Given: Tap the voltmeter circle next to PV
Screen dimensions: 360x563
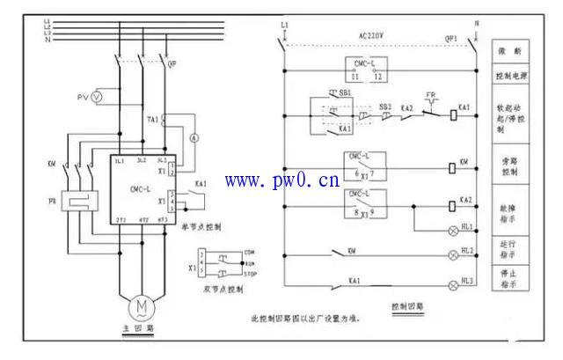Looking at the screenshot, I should (98, 94).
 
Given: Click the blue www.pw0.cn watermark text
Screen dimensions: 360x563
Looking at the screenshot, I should (282, 182).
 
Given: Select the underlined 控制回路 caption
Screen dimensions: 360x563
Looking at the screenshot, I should (406, 308).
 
